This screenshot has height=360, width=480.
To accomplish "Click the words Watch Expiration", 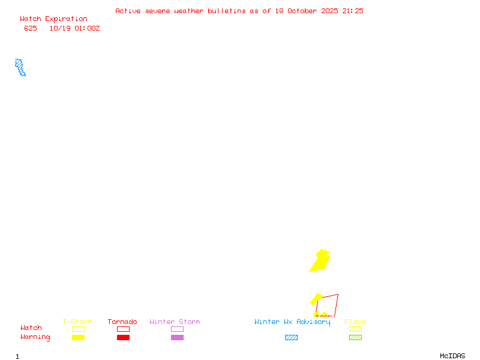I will tap(53, 19).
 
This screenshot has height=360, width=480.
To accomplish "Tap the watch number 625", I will tap(31, 28).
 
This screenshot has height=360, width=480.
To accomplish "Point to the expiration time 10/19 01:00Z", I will tap(74, 28).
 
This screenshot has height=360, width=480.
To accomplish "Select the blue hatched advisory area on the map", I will tap(20, 67).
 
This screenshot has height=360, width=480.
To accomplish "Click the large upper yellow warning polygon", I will tap(320, 261).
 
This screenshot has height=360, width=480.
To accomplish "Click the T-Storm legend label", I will tap(77, 322).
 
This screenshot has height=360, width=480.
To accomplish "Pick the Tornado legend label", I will tap(122, 322).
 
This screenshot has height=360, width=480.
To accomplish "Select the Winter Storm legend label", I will tap(175, 322).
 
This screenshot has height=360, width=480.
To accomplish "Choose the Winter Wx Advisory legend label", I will tap(292, 322).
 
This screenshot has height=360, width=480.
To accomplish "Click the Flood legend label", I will tap(355, 322).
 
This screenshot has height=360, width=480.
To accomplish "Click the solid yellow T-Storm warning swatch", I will tap(78, 338).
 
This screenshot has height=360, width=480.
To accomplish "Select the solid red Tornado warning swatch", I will tap(123, 338).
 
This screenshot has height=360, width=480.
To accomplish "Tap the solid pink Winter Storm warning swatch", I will tap(177, 338).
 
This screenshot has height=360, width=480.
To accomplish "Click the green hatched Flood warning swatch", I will tap(355, 338).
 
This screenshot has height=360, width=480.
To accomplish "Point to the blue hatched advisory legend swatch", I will tap(291, 338).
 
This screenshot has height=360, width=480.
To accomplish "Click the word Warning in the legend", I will tap(35, 337).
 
